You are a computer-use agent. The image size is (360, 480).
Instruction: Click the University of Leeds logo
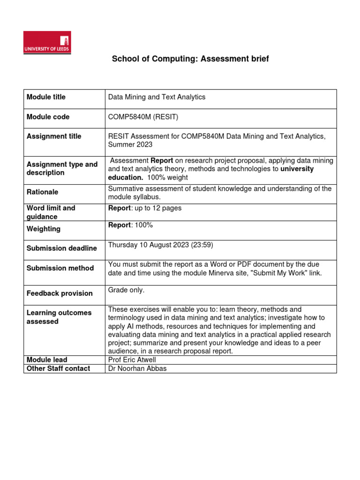(x=47, y=43)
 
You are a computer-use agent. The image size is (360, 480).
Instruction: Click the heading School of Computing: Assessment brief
(x=190, y=59)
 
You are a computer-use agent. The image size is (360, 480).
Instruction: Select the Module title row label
(x=46, y=97)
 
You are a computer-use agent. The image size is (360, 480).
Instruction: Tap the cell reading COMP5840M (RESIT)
(x=143, y=117)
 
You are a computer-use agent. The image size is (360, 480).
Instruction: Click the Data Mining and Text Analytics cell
(x=157, y=97)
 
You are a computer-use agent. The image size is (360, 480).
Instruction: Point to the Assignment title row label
(x=53, y=136)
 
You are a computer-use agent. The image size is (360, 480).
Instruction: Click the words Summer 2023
(x=127, y=144)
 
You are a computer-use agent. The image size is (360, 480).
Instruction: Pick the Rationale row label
(x=43, y=192)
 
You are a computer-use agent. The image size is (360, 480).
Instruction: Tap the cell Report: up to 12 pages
(x=144, y=208)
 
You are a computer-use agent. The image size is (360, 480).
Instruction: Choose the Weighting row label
(x=43, y=229)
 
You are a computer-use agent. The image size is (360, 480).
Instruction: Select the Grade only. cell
(x=126, y=290)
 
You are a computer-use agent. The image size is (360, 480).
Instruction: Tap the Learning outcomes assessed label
(x=52, y=317)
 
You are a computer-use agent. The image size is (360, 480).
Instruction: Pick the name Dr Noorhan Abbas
(x=137, y=368)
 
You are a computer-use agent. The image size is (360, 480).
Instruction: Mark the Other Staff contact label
(x=58, y=368)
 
